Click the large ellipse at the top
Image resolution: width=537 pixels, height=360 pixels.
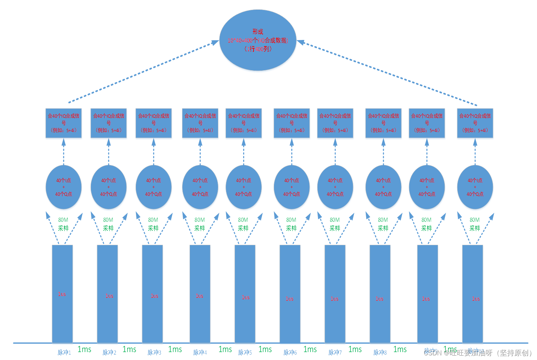258,40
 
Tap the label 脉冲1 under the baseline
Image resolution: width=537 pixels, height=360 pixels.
64,352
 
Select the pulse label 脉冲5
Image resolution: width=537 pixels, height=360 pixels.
245,352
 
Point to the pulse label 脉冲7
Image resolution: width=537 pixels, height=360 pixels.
335,352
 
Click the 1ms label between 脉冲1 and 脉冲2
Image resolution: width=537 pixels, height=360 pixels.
85,349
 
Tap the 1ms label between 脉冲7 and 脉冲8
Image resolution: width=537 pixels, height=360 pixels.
355,349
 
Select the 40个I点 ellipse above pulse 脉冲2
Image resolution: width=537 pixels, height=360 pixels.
109,187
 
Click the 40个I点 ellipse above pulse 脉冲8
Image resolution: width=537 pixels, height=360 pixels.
383,187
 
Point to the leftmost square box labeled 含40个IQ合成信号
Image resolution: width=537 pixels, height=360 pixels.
64,123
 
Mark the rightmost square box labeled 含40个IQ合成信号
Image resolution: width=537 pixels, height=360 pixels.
475,123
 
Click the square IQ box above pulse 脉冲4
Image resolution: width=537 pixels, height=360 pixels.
200,123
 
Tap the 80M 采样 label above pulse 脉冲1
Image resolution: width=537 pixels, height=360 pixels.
63,224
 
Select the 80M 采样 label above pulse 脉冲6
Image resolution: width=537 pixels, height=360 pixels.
291,224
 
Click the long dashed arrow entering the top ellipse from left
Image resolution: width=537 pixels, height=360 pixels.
144,72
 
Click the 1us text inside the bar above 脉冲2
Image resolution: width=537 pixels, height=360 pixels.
109,296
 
